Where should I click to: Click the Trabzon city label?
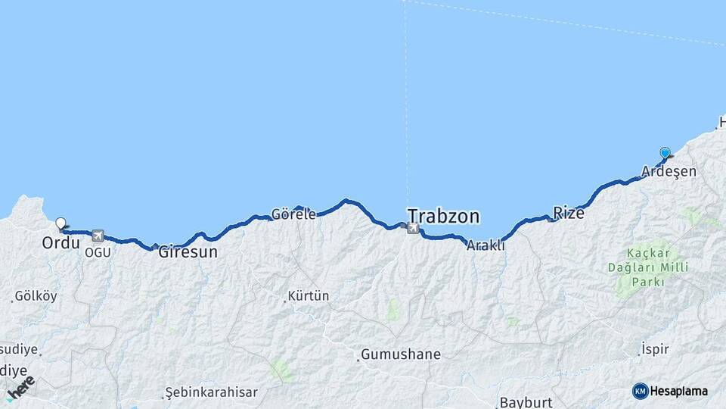click(x=443, y=217)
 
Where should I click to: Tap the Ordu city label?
click(x=61, y=243)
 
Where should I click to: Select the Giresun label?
click(x=188, y=252)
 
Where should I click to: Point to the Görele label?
click(x=294, y=214)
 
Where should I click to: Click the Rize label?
click(x=569, y=213)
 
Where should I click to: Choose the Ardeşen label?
click(x=669, y=172)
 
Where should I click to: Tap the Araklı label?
click(x=486, y=245)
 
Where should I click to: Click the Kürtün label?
click(x=309, y=296)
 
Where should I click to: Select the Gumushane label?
click(x=401, y=354)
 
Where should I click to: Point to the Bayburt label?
click(x=526, y=402)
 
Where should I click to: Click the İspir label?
click(x=655, y=348)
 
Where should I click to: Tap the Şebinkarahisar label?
click(x=211, y=392)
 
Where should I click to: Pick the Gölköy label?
click(x=36, y=296)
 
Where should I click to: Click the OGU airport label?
click(x=98, y=251)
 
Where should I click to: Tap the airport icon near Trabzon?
click(x=412, y=228)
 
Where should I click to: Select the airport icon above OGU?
click(x=98, y=236)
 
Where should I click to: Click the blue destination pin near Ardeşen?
click(x=665, y=153)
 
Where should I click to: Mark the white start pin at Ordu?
click(x=60, y=223)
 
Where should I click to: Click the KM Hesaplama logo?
click(x=670, y=391)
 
